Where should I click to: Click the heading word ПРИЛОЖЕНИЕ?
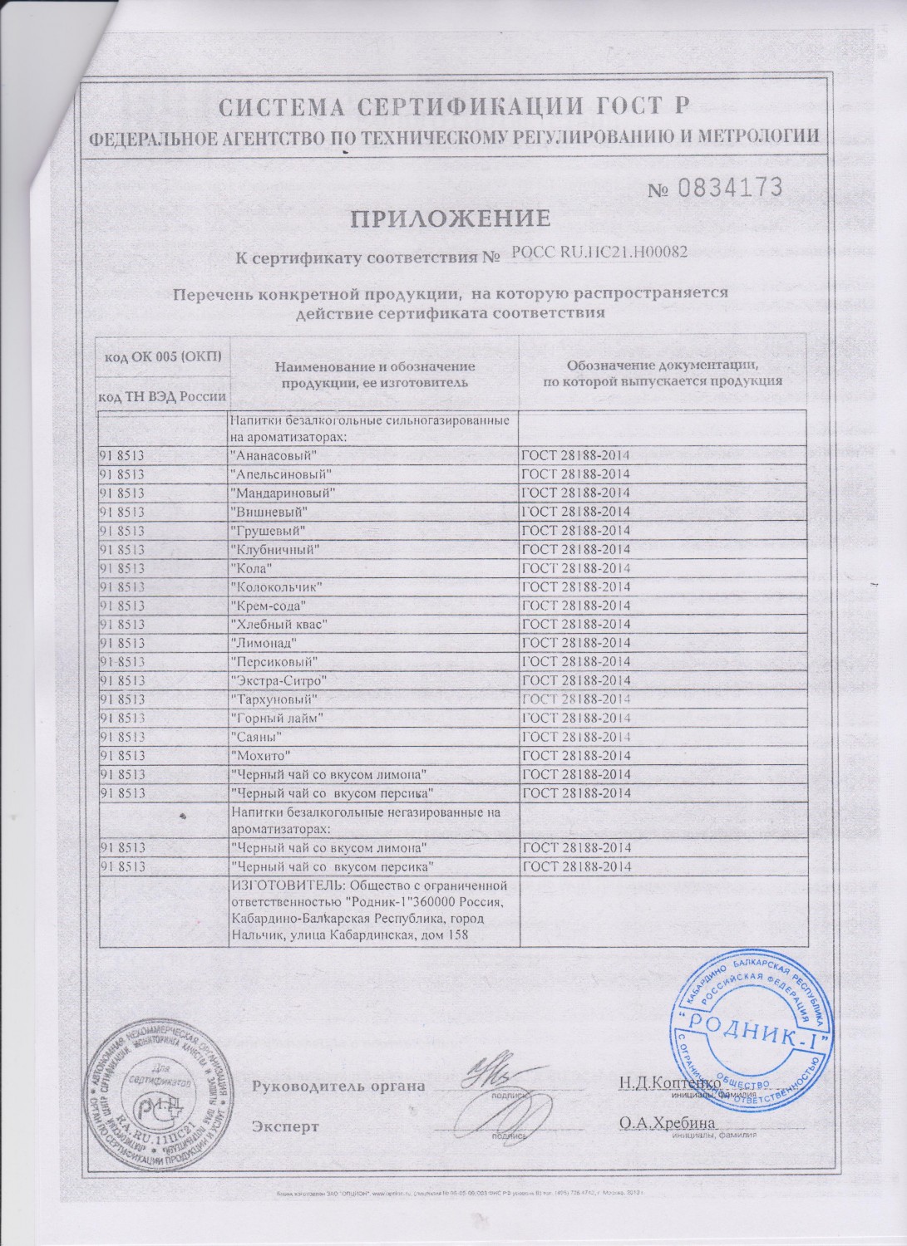(449, 219)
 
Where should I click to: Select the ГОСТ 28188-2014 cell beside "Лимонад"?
(576, 643)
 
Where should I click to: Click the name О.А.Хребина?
(660, 1123)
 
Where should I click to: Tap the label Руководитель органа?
(338, 1087)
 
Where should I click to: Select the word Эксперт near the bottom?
(285, 1127)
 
